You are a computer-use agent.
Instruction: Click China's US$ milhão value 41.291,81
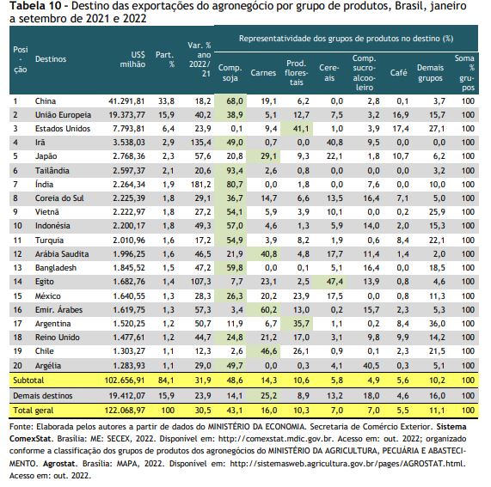pyautogui.click(x=126, y=101)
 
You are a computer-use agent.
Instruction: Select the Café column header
pyautogui.click(x=398, y=73)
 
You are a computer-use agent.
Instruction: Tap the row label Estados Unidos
pyautogui.click(x=63, y=129)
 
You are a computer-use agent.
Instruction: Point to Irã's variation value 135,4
pyautogui.click(x=200, y=143)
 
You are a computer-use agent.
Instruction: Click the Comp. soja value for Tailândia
pyautogui.click(x=235, y=171)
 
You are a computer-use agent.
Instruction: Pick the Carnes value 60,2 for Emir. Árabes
pyautogui.click(x=268, y=310)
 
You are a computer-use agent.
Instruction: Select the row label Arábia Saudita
pyautogui.click(x=62, y=254)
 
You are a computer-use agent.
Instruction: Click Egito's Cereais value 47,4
pyautogui.click(x=334, y=282)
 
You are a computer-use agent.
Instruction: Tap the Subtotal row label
pyautogui.click(x=28, y=380)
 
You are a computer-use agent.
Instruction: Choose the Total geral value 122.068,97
pyautogui.click(x=125, y=411)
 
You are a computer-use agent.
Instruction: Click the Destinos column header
pyautogui.click(x=51, y=59)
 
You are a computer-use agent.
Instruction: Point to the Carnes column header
pyautogui.click(x=263, y=73)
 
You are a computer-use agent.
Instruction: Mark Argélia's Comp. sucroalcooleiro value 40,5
pyautogui.click(x=371, y=366)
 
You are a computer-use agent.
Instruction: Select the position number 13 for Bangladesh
pyautogui.click(x=17, y=268)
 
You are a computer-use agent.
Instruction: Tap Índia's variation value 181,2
pyautogui.click(x=200, y=185)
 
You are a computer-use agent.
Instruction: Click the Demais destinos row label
pyautogui.click(x=43, y=396)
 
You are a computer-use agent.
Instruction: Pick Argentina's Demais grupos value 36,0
pyautogui.click(x=437, y=324)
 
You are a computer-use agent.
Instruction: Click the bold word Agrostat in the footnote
pyautogui.click(x=59, y=464)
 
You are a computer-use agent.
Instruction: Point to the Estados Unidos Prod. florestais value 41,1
pyautogui.click(x=301, y=129)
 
